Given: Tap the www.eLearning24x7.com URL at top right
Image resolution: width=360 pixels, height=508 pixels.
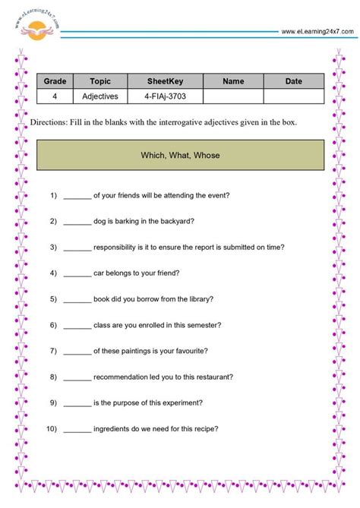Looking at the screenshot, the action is (x=317, y=31).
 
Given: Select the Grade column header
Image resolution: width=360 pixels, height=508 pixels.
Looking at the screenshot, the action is (x=55, y=81).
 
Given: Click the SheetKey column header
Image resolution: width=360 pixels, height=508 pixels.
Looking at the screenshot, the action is (x=161, y=81).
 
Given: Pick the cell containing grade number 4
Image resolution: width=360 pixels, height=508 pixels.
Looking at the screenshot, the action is (x=55, y=96).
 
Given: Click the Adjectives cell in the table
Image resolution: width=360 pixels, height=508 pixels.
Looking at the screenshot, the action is (x=100, y=96).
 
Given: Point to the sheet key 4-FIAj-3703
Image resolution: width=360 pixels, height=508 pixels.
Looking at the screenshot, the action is (x=161, y=96).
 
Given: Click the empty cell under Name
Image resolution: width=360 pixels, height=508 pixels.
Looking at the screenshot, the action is (x=233, y=96).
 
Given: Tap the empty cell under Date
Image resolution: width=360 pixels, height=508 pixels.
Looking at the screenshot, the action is (x=293, y=96).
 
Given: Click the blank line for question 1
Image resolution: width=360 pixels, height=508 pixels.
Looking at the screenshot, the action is (x=77, y=195).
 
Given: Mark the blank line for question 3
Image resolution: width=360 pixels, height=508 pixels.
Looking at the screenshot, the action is (x=77, y=247).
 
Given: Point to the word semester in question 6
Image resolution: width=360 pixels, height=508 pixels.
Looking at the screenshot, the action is (x=204, y=325).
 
